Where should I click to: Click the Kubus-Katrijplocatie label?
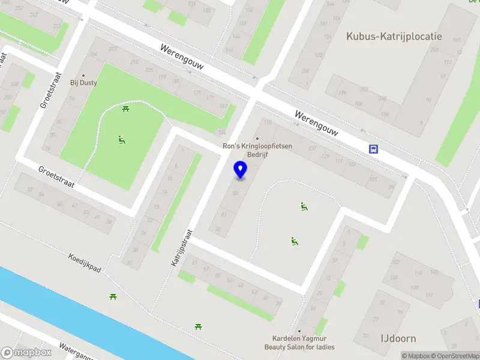[394, 36]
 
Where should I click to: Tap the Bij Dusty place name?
[83, 83]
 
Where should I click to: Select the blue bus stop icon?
[373, 149]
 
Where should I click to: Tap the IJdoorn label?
[398, 338]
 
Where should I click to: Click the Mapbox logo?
[26, 353]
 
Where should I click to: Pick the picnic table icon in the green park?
[126, 109]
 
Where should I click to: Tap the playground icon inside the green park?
[122, 140]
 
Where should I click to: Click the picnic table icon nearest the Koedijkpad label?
[112, 296]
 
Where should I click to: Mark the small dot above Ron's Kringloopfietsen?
[257, 139]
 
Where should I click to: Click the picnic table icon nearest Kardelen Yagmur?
[197, 326]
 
